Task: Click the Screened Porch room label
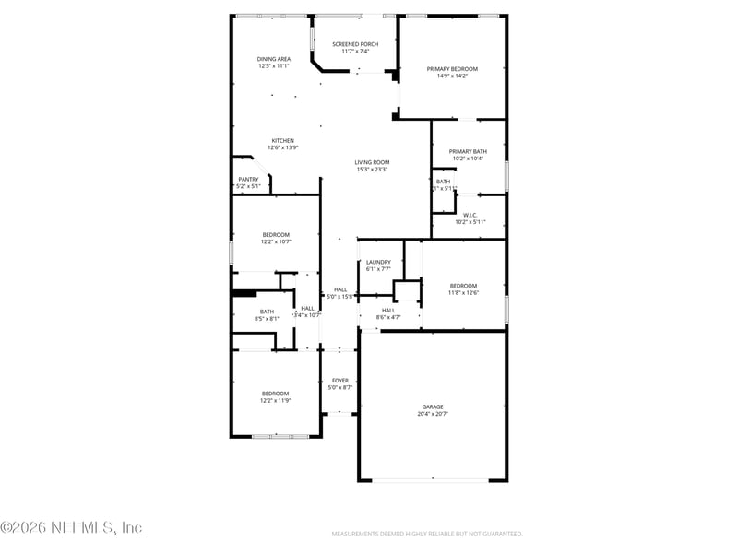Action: (355, 44)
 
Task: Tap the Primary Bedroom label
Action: (452, 69)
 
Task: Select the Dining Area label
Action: (274, 59)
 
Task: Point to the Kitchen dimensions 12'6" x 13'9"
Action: (282, 147)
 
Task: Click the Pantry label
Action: (248, 180)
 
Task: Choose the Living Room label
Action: (372, 162)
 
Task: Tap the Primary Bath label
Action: (468, 151)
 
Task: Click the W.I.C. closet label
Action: (470, 215)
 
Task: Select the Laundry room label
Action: (378, 262)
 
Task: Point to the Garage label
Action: (433, 406)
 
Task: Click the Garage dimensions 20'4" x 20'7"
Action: (433, 414)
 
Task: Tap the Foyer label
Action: (340, 380)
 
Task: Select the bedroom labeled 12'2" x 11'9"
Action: (275, 396)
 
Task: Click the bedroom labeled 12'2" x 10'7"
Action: (276, 238)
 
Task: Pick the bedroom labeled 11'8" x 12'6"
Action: (463, 288)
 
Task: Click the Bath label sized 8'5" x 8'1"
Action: (267, 314)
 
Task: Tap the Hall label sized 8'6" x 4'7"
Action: (388, 313)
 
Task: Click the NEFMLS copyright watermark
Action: (71, 528)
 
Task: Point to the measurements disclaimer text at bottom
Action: (427, 534)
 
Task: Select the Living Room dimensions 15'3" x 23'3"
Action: (372, 170)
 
